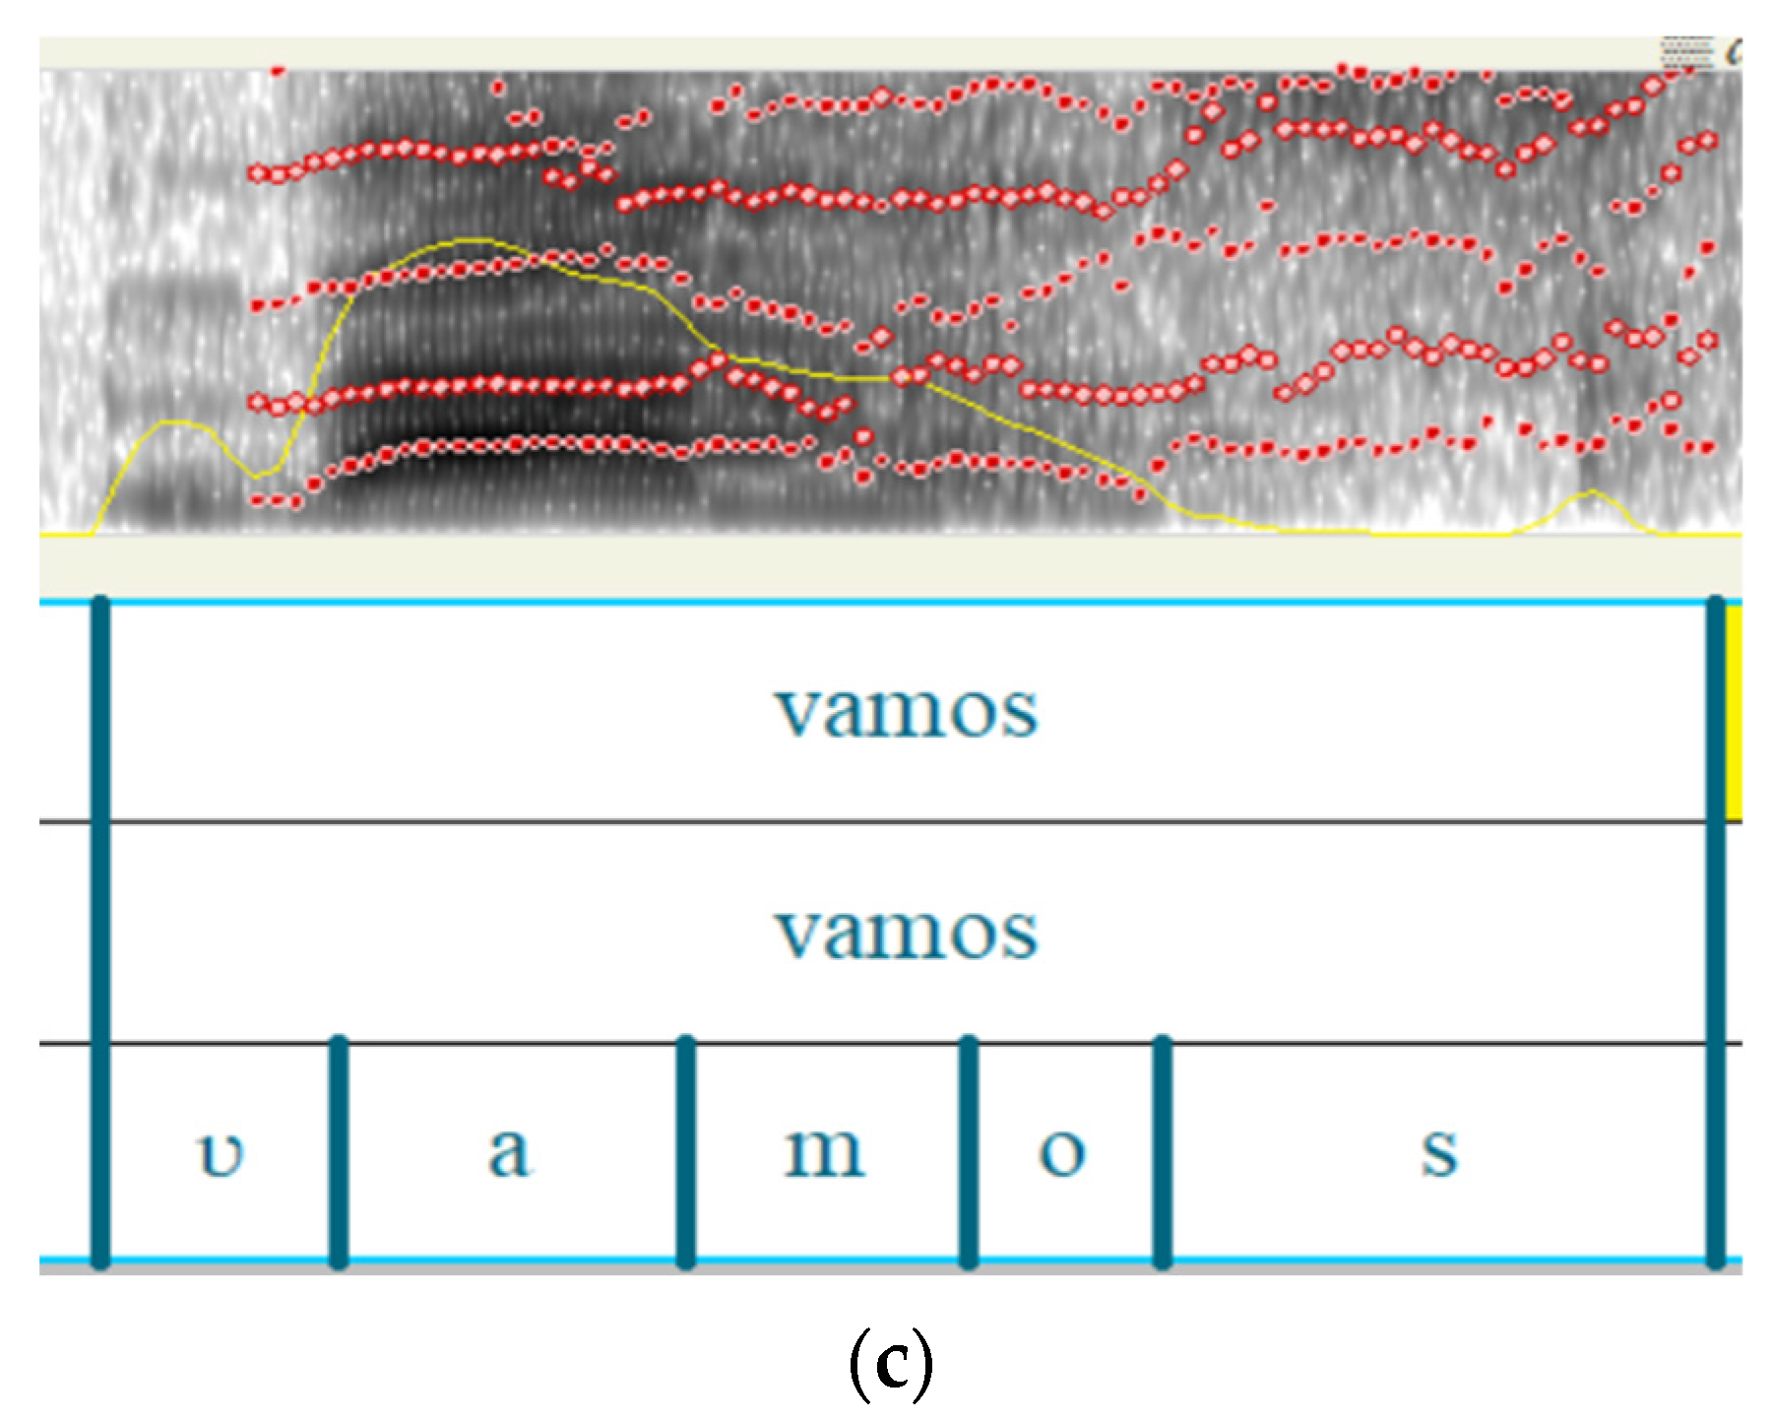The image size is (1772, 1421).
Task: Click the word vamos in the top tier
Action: click(x=905, y=711)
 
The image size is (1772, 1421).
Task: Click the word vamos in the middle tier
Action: click(x=905, y=933)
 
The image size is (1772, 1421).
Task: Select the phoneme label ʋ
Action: click(x=221, y=1153)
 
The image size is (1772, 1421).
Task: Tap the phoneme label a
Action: click(x=509, y=1151)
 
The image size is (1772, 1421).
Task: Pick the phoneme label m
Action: click(x=825, y=1152)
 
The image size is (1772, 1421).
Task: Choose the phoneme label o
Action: click(x=1062, y=1153)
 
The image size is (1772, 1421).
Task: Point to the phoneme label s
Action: click(x=1439, y=1153)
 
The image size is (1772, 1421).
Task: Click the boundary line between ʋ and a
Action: click(x=339, y=1151)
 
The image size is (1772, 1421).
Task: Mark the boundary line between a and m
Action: click(x=686, y=1151)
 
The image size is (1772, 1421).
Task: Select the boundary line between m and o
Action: click(x=969, y=1151)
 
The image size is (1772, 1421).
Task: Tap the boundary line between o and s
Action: click(x=1163, y=1151)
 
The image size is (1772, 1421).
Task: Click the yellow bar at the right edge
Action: click(x=1734, y=711)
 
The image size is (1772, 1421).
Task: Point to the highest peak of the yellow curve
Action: click(x=473, y=239)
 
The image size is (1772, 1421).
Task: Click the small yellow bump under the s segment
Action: click(x=1591, y=492)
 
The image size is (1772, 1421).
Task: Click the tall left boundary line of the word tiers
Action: click(x=99, y=932)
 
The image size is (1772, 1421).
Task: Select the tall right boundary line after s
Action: click(x=1716, y=932)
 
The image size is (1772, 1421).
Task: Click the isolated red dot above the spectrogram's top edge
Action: click(x=278, y=70)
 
